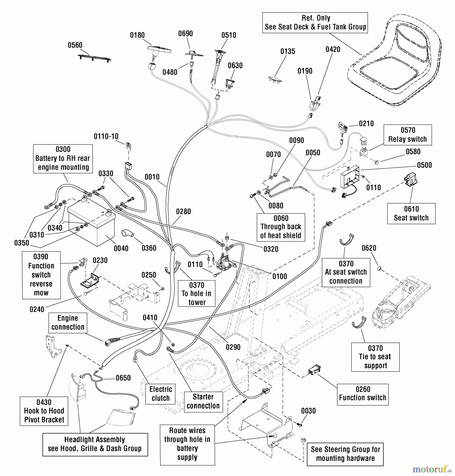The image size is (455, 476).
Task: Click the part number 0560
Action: point(75,45)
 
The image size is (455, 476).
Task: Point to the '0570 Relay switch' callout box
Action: point(408,135)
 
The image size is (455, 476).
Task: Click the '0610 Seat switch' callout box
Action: point(411,214)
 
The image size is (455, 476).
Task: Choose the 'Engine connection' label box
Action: point(68,323)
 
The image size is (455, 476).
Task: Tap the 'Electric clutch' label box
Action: point(160,394)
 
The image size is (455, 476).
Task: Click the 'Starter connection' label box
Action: point(203,401)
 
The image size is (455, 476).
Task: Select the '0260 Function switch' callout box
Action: point(363,393)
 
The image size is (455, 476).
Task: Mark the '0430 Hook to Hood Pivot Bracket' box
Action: point(44,411)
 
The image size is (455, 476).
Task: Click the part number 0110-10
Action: point(106,136)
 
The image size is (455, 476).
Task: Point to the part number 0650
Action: point(123,378)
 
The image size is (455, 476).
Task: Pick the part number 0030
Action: point(308,411)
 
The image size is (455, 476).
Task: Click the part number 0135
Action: point(288,51)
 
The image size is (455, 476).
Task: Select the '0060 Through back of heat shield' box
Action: point(281,227)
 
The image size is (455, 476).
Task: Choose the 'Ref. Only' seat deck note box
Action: point(315,23)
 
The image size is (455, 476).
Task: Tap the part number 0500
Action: point(424,165)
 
